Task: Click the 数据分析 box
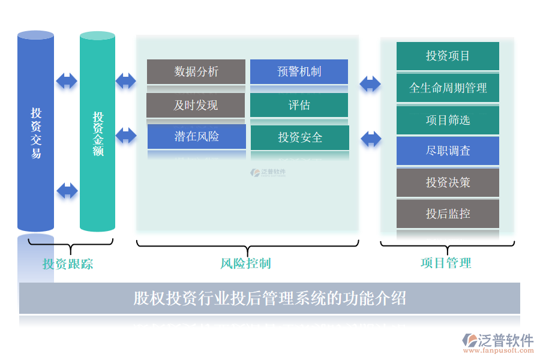(196, 71)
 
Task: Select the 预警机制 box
(299, 71)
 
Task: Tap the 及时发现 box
(196, 105)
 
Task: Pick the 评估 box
(299, 105)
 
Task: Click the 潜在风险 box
(196, 137)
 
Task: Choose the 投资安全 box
(299, 137)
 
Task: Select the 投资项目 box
(448, 56)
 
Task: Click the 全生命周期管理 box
(448, 88)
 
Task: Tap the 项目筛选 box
(448, 120)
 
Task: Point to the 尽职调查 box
(448, 151)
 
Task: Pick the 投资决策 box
(448, 182)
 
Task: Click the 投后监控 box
(448, 214)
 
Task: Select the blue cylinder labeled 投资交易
(36, 132)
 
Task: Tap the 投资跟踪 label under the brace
(67, 264)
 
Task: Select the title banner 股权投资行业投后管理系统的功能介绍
(269, 298)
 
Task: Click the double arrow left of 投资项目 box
(370, 83)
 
